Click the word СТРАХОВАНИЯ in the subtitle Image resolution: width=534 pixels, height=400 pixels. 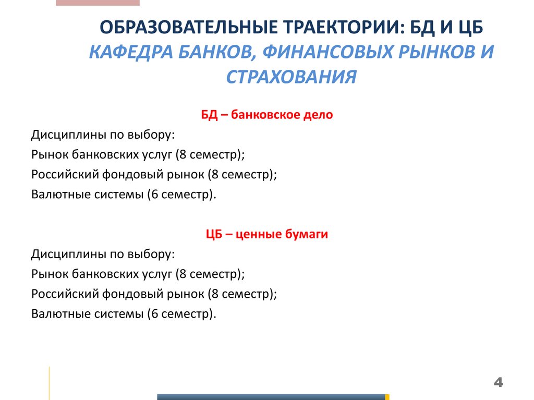[292, 78]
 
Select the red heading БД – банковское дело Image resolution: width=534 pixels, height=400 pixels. [266, 115]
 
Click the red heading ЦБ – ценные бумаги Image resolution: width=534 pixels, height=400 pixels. [266, 235]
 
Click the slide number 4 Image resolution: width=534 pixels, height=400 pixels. [499, 383]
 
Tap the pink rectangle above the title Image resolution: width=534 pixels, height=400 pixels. [98, 3]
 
